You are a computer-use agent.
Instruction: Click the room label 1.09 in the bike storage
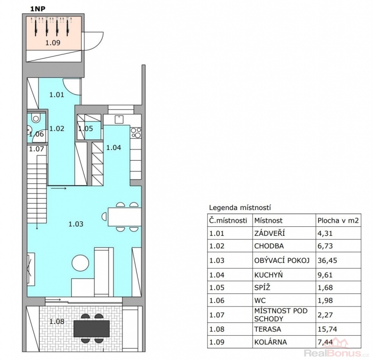[x=53, y=43]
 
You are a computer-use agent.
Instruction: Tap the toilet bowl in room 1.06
[x=36, y=118]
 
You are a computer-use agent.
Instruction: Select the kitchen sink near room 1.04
[x=119, y=120]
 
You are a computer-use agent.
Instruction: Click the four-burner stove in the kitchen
[x=136, y=133]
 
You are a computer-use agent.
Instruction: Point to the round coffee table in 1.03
[x=81, y=263]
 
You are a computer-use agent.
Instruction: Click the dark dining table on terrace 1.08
[x=91, y=329]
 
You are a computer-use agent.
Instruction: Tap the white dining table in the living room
[x=125, y=217]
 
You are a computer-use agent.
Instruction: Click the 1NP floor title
[x=38, y=9]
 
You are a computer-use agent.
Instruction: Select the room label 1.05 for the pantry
[x=86, y=129]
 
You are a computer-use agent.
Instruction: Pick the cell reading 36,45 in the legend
[x=328, y=260]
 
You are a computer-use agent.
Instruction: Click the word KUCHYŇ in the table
[x=269, y=275]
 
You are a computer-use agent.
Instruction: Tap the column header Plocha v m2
[x=338, y=221]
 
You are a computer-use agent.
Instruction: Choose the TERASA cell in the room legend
[x=268, y=330]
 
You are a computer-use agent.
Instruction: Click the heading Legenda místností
[x=240, y=208]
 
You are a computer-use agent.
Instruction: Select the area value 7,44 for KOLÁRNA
[x=325, y=342]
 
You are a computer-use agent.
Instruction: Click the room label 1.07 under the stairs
[x=37, y=149]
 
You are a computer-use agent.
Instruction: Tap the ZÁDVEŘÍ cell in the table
[x=269, y=233]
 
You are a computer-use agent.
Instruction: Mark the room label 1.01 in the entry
[x=57, y=95]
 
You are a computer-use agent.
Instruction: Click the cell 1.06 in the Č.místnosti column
[x=216, y=300]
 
